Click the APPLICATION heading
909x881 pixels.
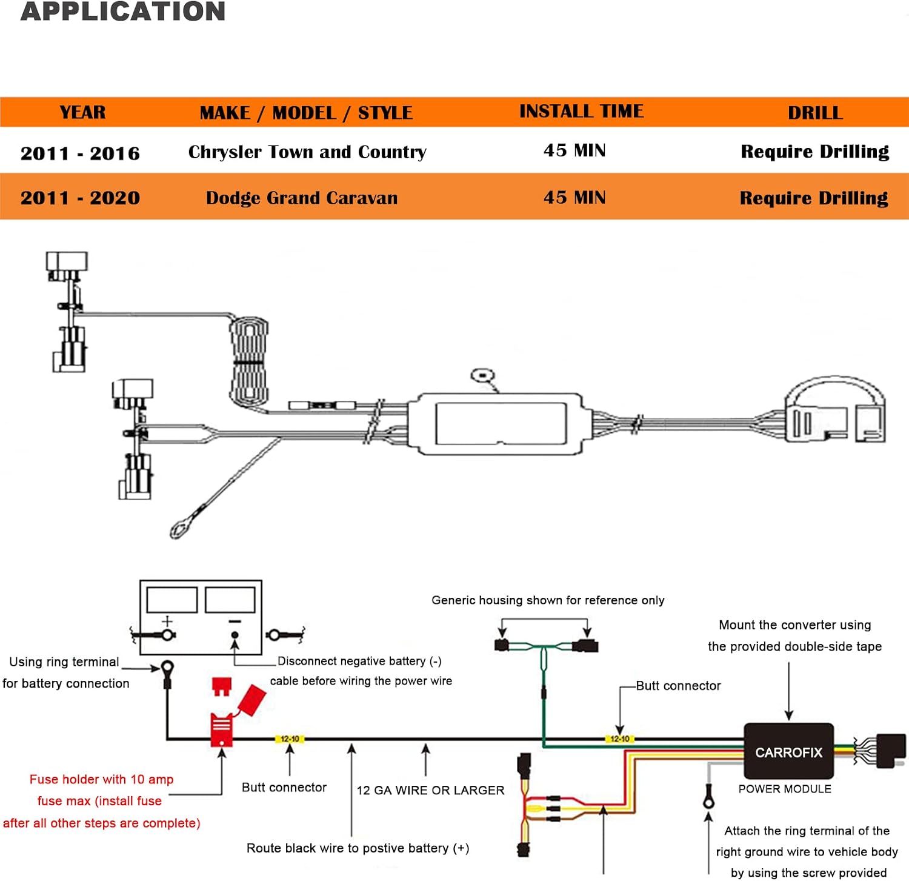click(123, 12)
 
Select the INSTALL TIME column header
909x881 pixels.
click(582, 111)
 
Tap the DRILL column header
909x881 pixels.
click(815, 113)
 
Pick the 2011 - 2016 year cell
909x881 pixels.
click(80, 153)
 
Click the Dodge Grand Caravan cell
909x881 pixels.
click(302, 198)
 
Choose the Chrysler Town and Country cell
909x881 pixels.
click(307, 152)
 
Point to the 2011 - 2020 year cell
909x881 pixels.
click(80, 198)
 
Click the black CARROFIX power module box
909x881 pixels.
click(789, 751)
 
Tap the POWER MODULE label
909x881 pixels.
click(785, 789)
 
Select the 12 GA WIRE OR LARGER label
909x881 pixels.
click(430, 790)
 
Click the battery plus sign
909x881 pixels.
click(167, 621)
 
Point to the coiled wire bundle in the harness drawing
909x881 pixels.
click(248, 362)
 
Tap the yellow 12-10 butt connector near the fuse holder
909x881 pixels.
click(290, 739)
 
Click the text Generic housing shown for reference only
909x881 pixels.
click(548, 600)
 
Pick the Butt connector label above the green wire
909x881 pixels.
click(678, 686)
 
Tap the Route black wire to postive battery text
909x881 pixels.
click(358, 848)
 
